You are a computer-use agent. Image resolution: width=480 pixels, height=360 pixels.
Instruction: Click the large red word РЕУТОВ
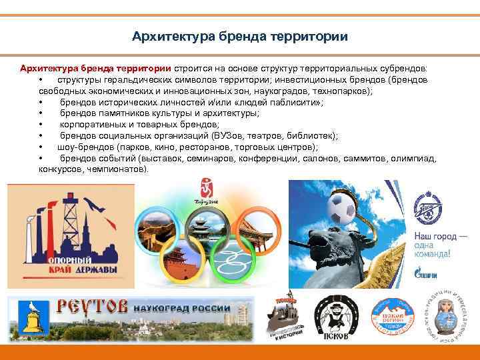click(x=91, y=308)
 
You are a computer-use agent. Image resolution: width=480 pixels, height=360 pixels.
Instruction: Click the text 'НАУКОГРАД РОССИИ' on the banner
click(x=181, y=309)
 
